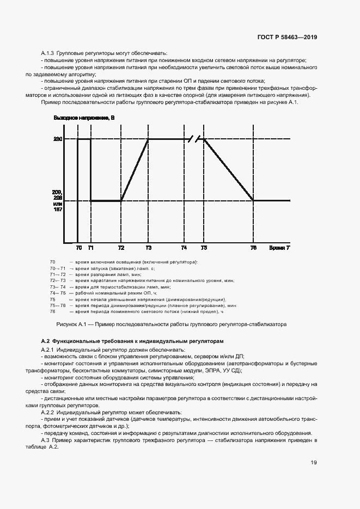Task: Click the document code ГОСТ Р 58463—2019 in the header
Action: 286,38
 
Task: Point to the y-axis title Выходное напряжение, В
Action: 84,118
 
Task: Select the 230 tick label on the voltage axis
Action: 58,140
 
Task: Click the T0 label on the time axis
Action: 78,248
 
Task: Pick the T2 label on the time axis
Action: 121,248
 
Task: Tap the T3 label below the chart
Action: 149,248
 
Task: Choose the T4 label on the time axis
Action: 184,248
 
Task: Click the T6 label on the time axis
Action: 253,248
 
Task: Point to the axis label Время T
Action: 279,248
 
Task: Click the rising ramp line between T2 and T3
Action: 135,170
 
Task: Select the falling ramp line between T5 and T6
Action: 229,170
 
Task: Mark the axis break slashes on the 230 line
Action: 194,139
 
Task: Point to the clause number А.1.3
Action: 48,53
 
